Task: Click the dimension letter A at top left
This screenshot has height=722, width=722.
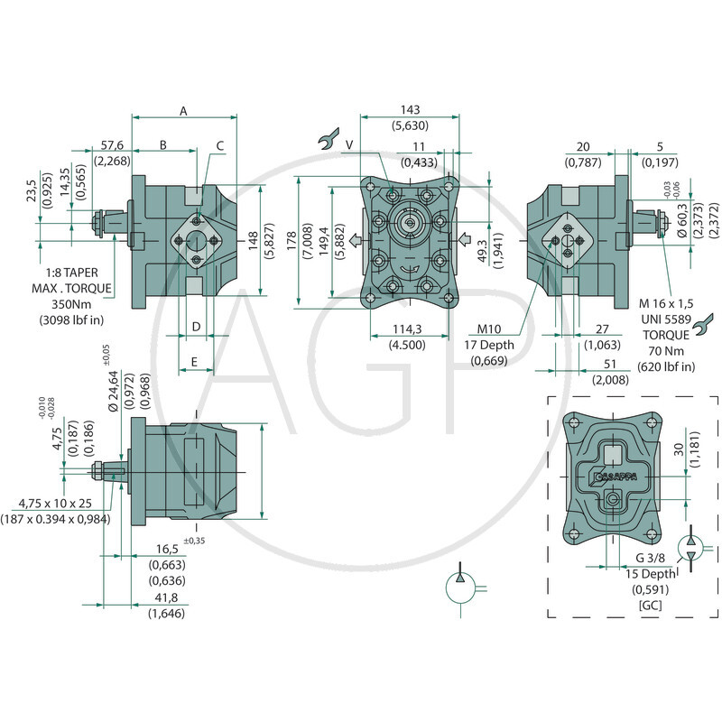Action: click(x=183, y=111)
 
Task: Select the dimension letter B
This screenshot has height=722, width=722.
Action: click(x=163, y=144)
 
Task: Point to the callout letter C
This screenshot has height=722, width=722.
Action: click(x=219, y=144)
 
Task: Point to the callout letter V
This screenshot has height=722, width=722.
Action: click(x=348, y=144)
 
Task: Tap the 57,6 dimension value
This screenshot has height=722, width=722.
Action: click(x=112, y=144)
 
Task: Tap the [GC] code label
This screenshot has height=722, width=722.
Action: click(x=649, y=605)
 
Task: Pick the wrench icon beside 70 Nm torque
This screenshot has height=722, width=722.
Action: click(x=705, y=320)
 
